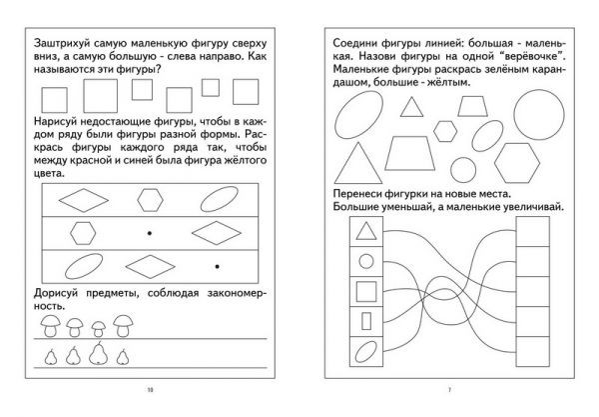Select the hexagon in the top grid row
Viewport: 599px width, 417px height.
[152, 198]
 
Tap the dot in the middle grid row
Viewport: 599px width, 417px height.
[149, 232]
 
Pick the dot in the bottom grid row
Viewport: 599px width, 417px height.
[217, 265]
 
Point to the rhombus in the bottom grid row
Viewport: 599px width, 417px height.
[152, 266]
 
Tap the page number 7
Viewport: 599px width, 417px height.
[450, 389]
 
